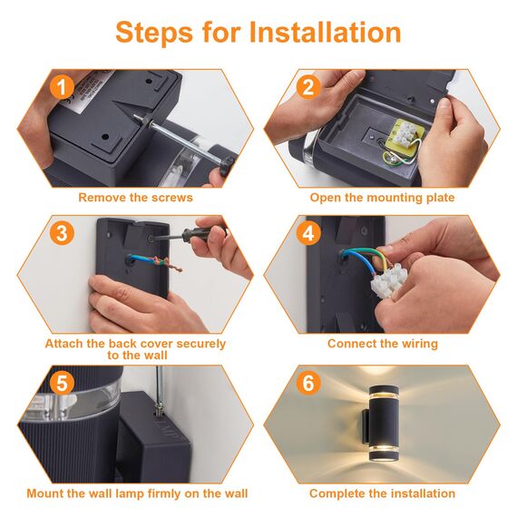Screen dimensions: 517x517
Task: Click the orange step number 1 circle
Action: pyautogui.click(x=62, y=87)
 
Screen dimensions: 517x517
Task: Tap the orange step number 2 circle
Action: pyautogui.click(x=308, y=87)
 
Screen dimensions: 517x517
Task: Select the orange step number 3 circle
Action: pyautogui.click(x=62, y=233)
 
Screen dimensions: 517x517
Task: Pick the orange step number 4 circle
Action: pyautogui.click(x=308, y=233)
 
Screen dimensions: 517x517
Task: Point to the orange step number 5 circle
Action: pyautogui.click(x=62, y=383)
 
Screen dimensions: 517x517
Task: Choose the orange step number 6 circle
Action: pyautogui.click(x=308, y=383)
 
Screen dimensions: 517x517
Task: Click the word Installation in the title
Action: pyautogui.click(x=325, y=32)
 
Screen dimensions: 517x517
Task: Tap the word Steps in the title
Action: pyautogui.click(x=154, y=33)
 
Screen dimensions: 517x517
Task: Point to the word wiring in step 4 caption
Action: pyautogui.click(x=419, y=344)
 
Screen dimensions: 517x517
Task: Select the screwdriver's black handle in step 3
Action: pyautogui.click(x=200, y=233)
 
